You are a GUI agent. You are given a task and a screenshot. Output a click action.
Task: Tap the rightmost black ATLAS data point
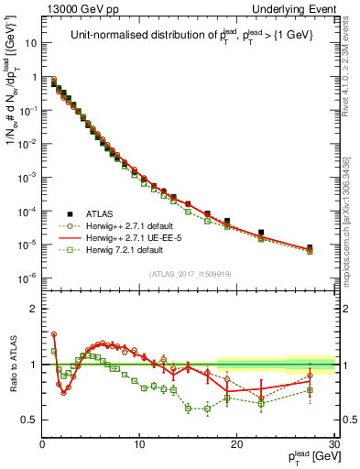tap(310, 247)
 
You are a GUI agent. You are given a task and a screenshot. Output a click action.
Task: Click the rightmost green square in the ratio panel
tap(310, 390)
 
